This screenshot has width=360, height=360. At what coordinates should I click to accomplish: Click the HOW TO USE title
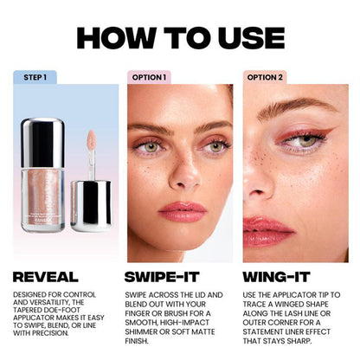click(x=180, y=37)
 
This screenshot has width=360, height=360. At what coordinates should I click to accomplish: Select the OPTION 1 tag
click(x=149, y=76)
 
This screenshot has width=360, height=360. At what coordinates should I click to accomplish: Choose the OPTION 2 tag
click(x=265, y=76)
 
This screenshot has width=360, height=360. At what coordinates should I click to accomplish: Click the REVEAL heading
click(x=51, y=277)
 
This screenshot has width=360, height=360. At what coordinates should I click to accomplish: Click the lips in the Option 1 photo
click(x=182, y=212)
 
